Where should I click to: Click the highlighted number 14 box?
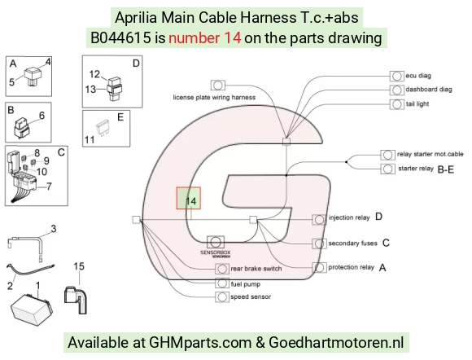189,198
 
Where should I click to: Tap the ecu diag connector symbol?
397,76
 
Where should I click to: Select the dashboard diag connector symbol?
397,90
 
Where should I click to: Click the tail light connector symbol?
397,104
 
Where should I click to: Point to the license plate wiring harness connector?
217,86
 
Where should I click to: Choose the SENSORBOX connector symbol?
216,242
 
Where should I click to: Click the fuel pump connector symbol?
222,283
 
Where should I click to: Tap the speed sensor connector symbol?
222,297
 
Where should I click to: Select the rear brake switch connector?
222,269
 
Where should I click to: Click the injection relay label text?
349,217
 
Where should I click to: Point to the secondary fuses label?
353,243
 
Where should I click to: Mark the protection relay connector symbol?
319,267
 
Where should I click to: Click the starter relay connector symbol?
387,169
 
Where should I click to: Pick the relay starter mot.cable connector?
387,155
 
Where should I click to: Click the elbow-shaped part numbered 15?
76,301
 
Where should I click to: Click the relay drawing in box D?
114,89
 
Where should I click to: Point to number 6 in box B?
42,116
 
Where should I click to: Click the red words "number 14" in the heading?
205,38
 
